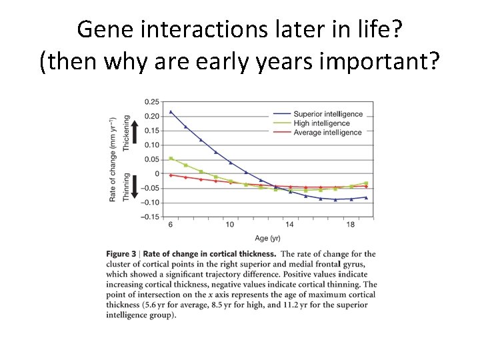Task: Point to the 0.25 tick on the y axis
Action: click(x=152, y=102)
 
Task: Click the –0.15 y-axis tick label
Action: click(x=150, y=217)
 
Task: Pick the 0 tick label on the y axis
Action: click(x=157, y=174)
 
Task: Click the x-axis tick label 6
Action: click(x=171, y=225)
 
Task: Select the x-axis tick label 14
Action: click(x=289, y=225)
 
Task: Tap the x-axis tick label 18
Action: click(x=351, y=225)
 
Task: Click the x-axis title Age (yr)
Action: click(x=267, y=239)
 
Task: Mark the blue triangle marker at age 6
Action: click(x=171, y=112)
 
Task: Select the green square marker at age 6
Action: click(x=171, y=159)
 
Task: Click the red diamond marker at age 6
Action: click(x=171, y=175)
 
